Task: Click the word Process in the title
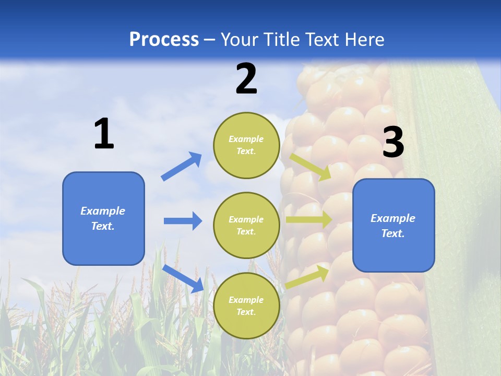click(x=164, y=39)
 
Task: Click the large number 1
click(x=104, y=134)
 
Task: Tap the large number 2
click(x=246, y=79)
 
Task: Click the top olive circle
click(x=246, y=145)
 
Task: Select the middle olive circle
click(x=246, y=226)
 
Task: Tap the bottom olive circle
click(x=246, y=306)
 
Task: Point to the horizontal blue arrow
click(x=183, y=221)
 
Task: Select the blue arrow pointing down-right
click(x=183, y=278)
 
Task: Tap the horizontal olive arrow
click(x=308, y=219)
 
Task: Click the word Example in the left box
click(x=103, y=211)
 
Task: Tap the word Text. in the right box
click(x=393, y=233)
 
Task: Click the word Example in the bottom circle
click(x=246, y=300)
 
